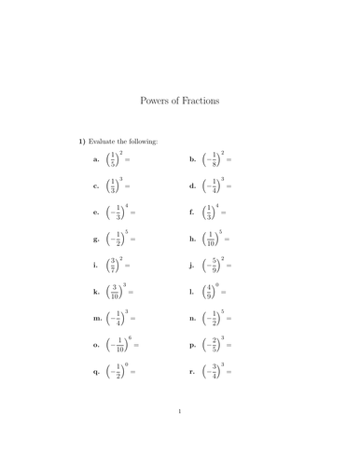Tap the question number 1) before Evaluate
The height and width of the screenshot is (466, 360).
82,141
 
